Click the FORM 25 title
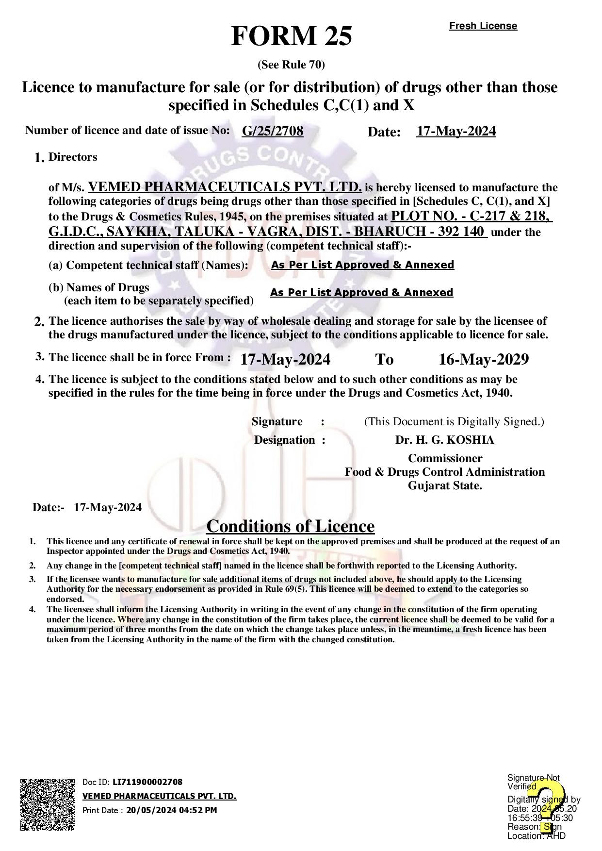click(x=292, y=36)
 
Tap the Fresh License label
click(x=483, y=26)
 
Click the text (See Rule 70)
click(x=291, y=65)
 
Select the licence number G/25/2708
click(x=273, y=131)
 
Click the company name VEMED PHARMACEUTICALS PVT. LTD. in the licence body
click(x=225, y=187)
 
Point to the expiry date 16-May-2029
click(x=483, y=359)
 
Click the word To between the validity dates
click(x=384, y=359)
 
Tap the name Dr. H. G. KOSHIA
click(x=444, y=440)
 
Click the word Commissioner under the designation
click(x=445, y=458)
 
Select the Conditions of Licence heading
click(x=290, y=526)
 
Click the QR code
click(x=48, y=804)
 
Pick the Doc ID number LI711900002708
click(x=147, y=782)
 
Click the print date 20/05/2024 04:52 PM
click(x=172, y=810)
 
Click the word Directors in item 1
click(x=73, y=157)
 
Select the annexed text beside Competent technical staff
click(x=362, y=265)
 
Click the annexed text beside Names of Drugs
click(x=361, y=293)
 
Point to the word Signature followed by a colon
click(x=277, y=421)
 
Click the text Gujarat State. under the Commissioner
click(x=445, y=485)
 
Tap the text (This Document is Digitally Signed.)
click(x=454, y=421)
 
